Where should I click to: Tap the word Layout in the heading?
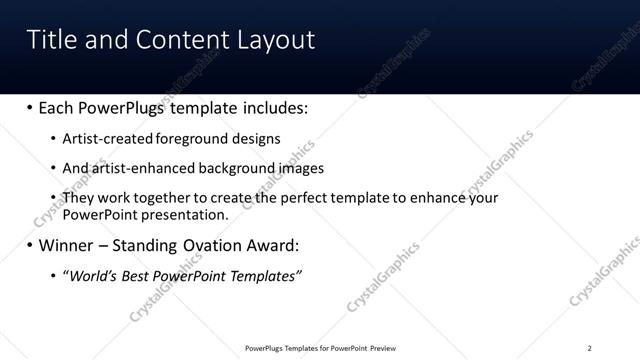pos(276,39)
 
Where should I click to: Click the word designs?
pos(258,139)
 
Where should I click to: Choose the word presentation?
pos(186,214)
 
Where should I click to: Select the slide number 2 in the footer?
pos(589,348)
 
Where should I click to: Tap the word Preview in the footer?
pos(383,348)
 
